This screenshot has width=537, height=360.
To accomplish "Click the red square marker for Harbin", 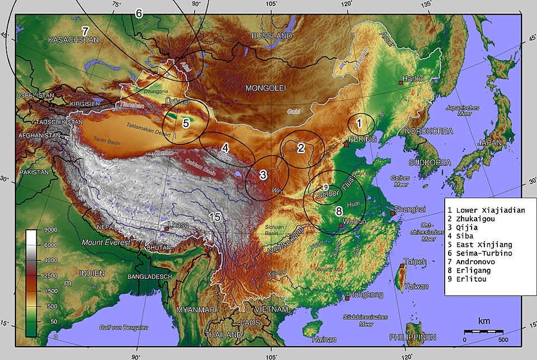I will tap(401, 82).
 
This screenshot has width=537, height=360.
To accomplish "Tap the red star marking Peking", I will tap(347, 144).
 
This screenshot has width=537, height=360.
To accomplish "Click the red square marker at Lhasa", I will tap(167, 229).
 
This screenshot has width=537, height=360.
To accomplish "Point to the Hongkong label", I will tap(366, 294).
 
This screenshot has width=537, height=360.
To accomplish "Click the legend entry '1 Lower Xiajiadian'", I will tap(486, 211).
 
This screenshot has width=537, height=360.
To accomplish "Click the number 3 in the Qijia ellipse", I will tap(263, 175).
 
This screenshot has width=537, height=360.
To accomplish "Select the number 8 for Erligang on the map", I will tap(338, 211).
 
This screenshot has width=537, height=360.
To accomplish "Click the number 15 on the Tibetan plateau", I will tap(215, 217).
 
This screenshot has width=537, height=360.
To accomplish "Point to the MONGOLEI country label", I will tap(266, 88).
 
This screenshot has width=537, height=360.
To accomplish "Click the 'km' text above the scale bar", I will tap(484, 321).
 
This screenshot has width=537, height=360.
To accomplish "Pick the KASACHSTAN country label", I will tap(73, 40).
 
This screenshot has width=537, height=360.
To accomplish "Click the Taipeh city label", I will tap(416, 261).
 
